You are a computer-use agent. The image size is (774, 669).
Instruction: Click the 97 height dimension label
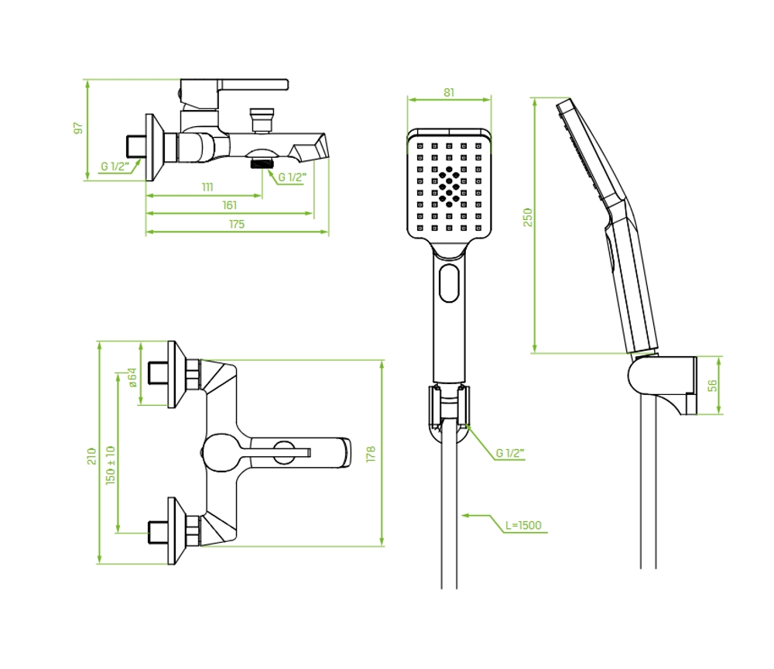(x=78, y=128)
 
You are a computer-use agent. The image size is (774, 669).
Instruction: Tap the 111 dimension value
(x=207, y=187)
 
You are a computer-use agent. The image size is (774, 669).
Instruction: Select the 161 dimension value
(x=230, y=205)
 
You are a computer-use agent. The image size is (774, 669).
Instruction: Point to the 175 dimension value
(x=237, y=224)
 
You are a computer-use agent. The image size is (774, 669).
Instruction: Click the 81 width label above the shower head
(x=449, y=92)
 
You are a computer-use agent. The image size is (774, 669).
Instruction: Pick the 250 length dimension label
(x=528, y=218)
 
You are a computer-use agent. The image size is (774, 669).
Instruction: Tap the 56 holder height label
(x=712, y=386)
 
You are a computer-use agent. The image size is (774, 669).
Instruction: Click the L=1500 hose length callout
(x=523, y=525)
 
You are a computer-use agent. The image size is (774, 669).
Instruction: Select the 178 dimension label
(x=371, y=454)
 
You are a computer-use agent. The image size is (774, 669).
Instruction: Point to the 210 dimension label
(x=91, y=456)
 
